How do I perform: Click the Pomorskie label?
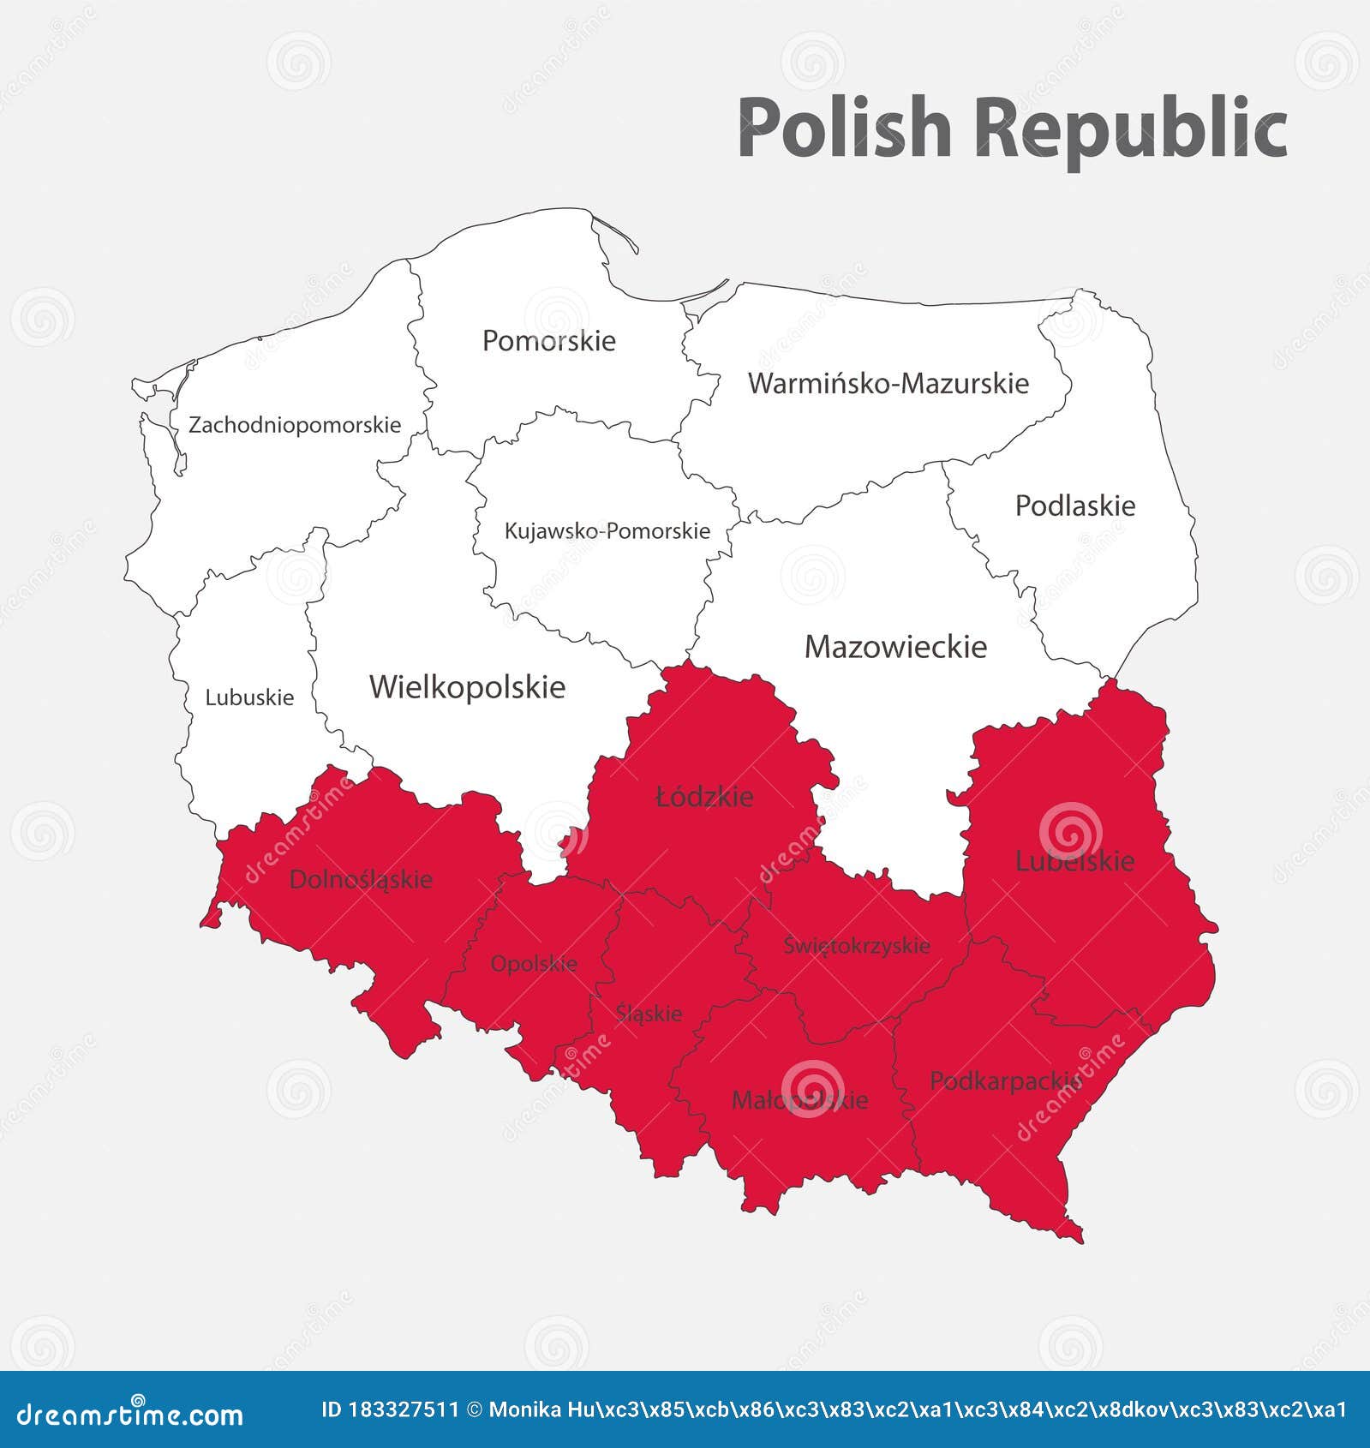pyautogui.click(x=548, y=341)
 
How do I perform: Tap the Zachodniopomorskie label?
pyautogui.click(x=295, y=425)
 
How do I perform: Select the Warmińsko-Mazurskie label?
pyautogui.click(x=888, y=383)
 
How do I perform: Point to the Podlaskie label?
pyautogui.click(x=1074, y=506)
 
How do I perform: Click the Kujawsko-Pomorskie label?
pyautogui.click(x=607, y=531)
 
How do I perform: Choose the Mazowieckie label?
pyautogui.click(x=895, y=646)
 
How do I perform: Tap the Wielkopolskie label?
pyautogui.click(x=467, y=687)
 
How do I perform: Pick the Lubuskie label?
pyautogui.click(x=249, y=697)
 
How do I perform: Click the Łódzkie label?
pyautogui.click(x=704, y=797)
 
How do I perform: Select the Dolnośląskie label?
pyautogui.click(x=361, y=879)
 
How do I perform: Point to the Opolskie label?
pyautogui.click(x=534, y=964)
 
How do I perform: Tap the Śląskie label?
pyautogui.click(x=649, y=1014)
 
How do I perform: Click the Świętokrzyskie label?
pyautogui.click(x=856, y=945)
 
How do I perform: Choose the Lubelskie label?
pyautogui.click(x=1074, y=861)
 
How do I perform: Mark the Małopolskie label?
pyautogui.click(x=799, y=1100)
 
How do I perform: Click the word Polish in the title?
pyautogui.click(x=844, y=129)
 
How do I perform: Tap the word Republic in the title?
pyautogui.click(x=1130, y=129)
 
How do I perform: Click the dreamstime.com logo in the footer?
pyautogui.click(x=130, y=1414)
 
